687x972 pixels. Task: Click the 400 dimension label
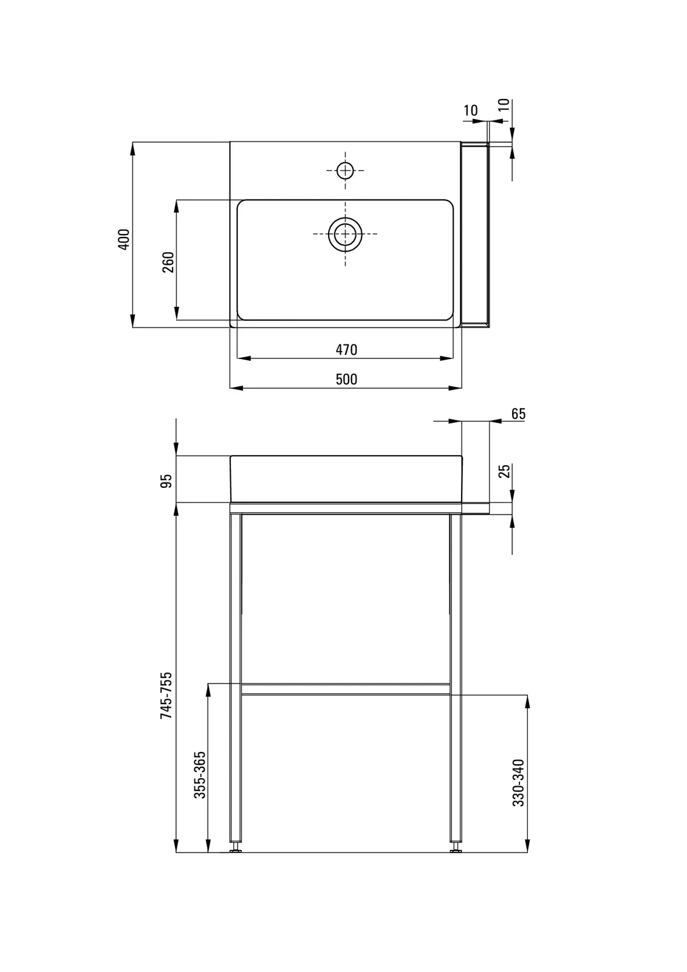(124, 239)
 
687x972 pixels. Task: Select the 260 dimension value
(168, 262)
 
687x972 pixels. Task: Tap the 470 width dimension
(346, 350)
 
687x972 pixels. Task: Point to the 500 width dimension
(346, 379)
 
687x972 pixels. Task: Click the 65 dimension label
(518, 414)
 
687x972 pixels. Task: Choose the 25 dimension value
(504, 471)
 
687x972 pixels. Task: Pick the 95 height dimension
(166, 481)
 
